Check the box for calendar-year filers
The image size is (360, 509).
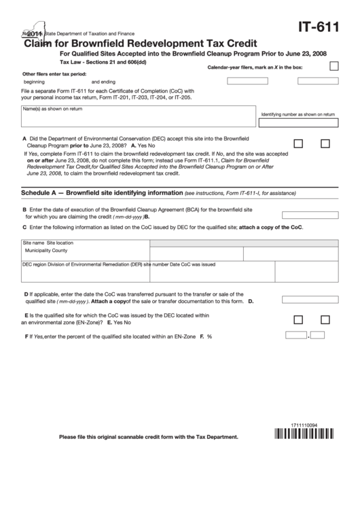pyautogui.click(x=334, y=67)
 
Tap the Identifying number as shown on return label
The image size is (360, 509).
pyautogui.click(x=298, y=115)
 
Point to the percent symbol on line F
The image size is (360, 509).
pyautogui.click(x=210, y=336)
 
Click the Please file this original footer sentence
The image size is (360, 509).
pyautogui.click(x=149, y=437)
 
